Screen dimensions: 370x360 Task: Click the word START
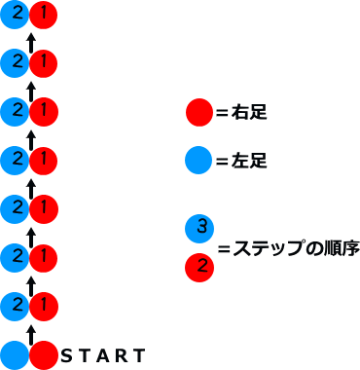pyautogui.click(x=102, y=355)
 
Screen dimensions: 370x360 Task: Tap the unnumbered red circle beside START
pyautogui.click(x=43, y=355)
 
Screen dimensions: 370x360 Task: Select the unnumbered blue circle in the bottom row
pyautogui.click(x=15, y=355)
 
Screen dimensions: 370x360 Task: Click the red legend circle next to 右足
pyautogui.click(x=198, y=113)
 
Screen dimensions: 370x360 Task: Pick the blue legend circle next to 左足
pyautogui.click(x=198, y=160)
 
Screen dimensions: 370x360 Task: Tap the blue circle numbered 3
pyautogui.click(x=198, y=229)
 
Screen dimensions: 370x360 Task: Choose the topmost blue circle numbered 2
pyautogui.click(x=15, y=15)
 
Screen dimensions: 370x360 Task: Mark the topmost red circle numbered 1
pyautogui.click(x=43, y=15)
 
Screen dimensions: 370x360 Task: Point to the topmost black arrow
pyautogui.click(x=30, y=41)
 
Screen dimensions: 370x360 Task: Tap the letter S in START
pyautogui.click(x=66, y=355)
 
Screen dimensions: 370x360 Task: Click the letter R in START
pyautogui.click(x=122, y=355)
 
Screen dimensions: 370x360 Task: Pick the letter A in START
pyautogui.click(x=102, y=355)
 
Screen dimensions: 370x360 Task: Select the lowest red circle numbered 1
pyautogui.click(x=43, y=306)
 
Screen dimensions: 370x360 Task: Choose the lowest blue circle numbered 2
pyautogui.click(x=15, y=306)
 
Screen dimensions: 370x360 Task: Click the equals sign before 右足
pyautogui.click(x=221, y=113)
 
